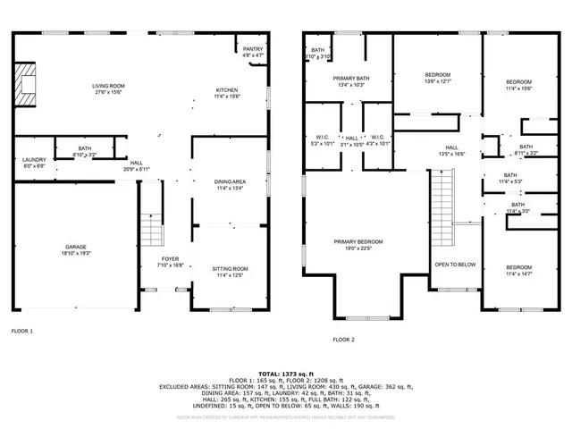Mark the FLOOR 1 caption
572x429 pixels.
point(22,331)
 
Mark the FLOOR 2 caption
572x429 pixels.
point(343,340)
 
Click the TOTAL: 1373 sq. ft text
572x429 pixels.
point(285,373)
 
